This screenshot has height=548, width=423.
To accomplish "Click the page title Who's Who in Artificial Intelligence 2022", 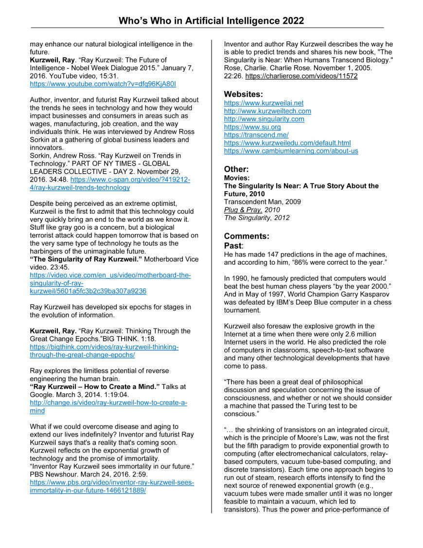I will pyautogui.click(x=211, y=20).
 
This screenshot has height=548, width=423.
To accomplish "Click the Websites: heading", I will pyautogui.click(x=243, y=94).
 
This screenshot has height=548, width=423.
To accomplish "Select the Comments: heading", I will pyautogui.click(x=247, y=236).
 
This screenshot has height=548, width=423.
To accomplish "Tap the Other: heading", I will pyautogui.click(x=236, y=169).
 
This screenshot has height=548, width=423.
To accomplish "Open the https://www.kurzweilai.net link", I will pyautogui.click(x=264, y=103).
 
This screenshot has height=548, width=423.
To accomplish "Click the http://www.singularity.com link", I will pyautogui.click(x=264, y=119).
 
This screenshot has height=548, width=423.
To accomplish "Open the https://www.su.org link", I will pyautogui.click(x=252, y=127).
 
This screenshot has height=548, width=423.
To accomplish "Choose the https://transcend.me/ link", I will pyautogui.click(x=256, y=135).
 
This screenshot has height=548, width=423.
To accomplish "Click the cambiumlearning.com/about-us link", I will pyautogui.click(x=291, y=151).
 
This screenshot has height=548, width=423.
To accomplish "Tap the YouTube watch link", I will pyautogui.click(x=103, y=84).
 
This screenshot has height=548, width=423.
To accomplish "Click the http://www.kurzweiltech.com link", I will pyautogui.click(x=267, y=111).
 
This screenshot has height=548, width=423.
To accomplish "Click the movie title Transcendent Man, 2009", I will pyautogui.click(x=262, y=201).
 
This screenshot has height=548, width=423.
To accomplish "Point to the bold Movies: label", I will pyautogui.click(x=236, y=178).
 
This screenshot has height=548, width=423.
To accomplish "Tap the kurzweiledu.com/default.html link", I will pyautogui.click(x=287, y=143).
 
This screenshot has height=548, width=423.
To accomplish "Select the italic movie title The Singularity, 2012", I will pyautogui.click(x=256, y=218).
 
